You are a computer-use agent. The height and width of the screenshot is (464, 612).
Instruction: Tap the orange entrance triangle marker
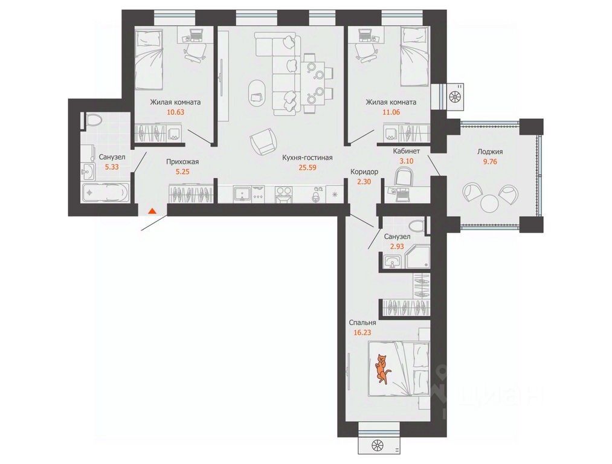coord(152,211)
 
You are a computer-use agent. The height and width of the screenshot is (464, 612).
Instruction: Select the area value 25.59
coord(307,168)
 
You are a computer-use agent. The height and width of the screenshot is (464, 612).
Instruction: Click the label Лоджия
coord(490,152)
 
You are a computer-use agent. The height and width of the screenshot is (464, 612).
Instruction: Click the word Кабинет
coord(407,151)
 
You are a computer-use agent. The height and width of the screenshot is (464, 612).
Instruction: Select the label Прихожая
coord(182,161)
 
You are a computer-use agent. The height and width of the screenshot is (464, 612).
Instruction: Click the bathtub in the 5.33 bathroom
coord(105,192)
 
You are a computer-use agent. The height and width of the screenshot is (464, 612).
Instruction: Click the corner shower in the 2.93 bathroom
coord(418,256)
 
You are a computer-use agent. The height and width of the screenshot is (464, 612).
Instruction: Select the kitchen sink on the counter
coord(243,193)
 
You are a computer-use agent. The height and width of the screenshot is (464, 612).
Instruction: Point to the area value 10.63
coord(175,112)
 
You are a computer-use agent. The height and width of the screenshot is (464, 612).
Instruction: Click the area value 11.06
coord(391,112)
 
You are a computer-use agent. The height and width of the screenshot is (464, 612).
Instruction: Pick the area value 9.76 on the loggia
coord(490,161)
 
